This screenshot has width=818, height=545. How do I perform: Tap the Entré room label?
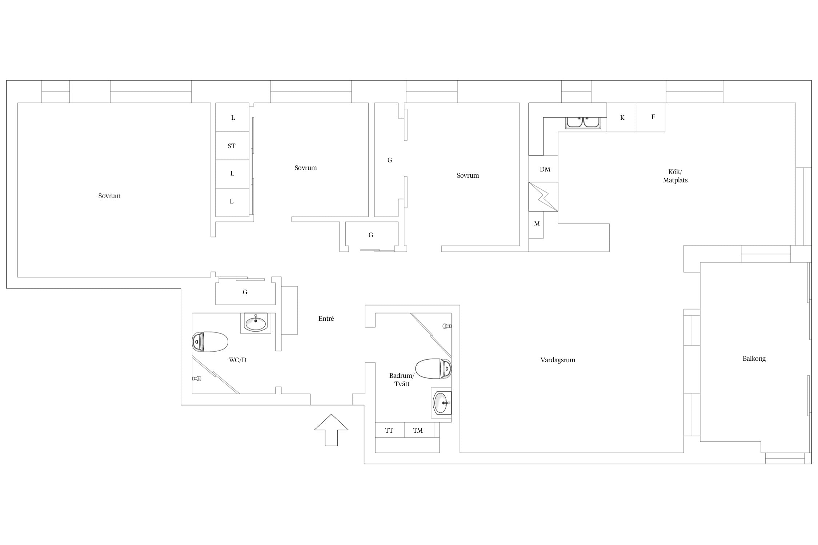point(326,319)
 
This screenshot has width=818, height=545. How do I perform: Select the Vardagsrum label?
point(558,360)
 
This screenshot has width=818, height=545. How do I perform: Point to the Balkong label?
point(754,359)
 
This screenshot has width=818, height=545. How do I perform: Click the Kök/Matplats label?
point(675,176)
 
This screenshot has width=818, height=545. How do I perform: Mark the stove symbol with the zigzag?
point(543,197)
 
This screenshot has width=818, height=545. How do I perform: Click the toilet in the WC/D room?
point(210,342)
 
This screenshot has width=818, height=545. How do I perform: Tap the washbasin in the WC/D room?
point(256,323)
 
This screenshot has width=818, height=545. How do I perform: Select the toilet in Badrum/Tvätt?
point(433,369)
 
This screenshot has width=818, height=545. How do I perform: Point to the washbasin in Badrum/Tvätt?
point(441,403)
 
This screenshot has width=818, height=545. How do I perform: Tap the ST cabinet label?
point(232,146)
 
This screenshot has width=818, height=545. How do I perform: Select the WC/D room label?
point(238,360)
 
